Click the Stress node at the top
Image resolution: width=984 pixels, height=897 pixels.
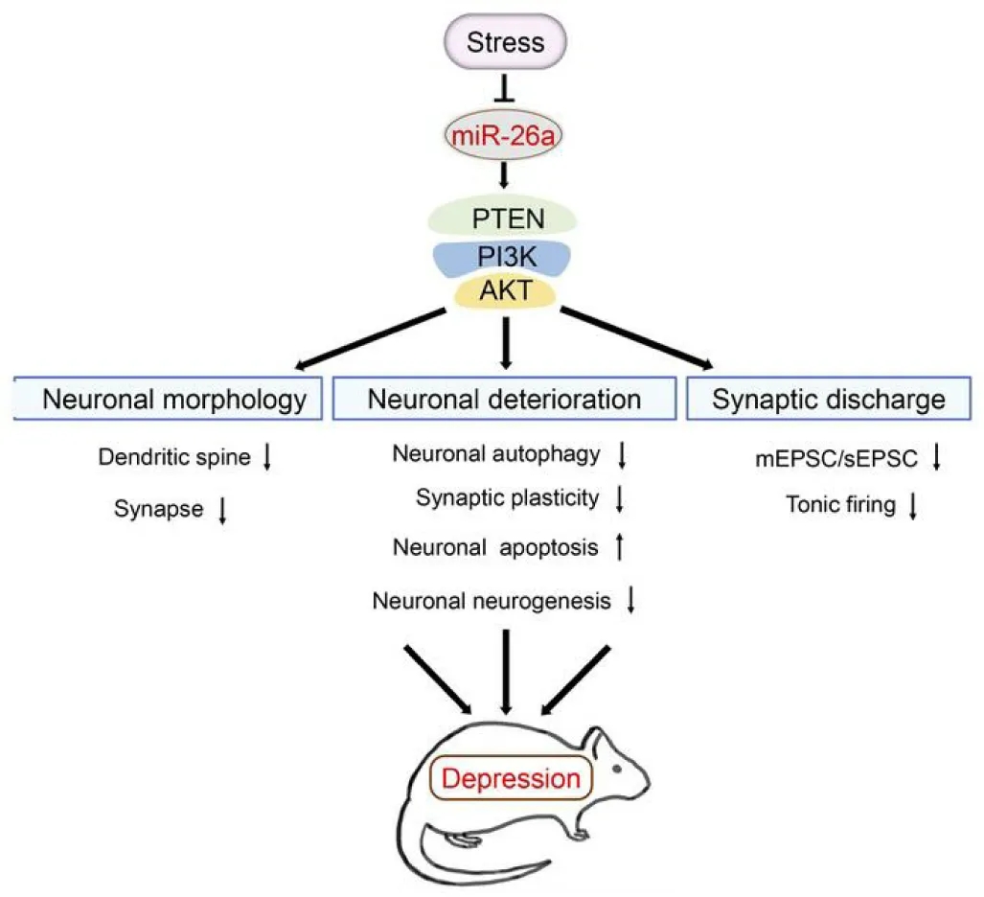coord(505,42)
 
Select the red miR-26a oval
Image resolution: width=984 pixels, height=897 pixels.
coord(503,135)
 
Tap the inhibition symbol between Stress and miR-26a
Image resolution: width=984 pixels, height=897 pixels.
coord(505,88)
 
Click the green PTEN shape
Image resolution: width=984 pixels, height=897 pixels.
coord(502,218)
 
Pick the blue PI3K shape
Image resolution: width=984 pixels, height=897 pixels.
coord(502,258)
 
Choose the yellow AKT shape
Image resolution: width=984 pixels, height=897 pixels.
coord(505,291)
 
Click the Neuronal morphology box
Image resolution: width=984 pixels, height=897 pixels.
coord(169,399)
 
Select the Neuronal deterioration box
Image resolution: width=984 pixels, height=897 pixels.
coord(504,399)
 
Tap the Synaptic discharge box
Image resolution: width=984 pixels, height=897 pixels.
coord(829,399)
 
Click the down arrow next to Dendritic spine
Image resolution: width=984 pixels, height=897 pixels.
coord(266,457)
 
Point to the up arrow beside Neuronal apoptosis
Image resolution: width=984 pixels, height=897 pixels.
coord(619,546)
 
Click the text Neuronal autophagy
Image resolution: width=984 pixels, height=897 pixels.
coord(495,454)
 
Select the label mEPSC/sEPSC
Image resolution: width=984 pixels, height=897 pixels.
coord(835,459)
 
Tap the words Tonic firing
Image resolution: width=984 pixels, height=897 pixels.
coord(841,505)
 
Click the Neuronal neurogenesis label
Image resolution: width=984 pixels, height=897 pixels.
coord(492,601)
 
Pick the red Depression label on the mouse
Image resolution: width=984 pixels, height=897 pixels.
coord(511,778)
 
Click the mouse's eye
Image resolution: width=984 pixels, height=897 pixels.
coord(617,769)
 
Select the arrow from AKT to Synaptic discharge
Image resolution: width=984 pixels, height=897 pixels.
coord(636,337)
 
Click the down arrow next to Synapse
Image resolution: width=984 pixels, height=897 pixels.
coord(222,510)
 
